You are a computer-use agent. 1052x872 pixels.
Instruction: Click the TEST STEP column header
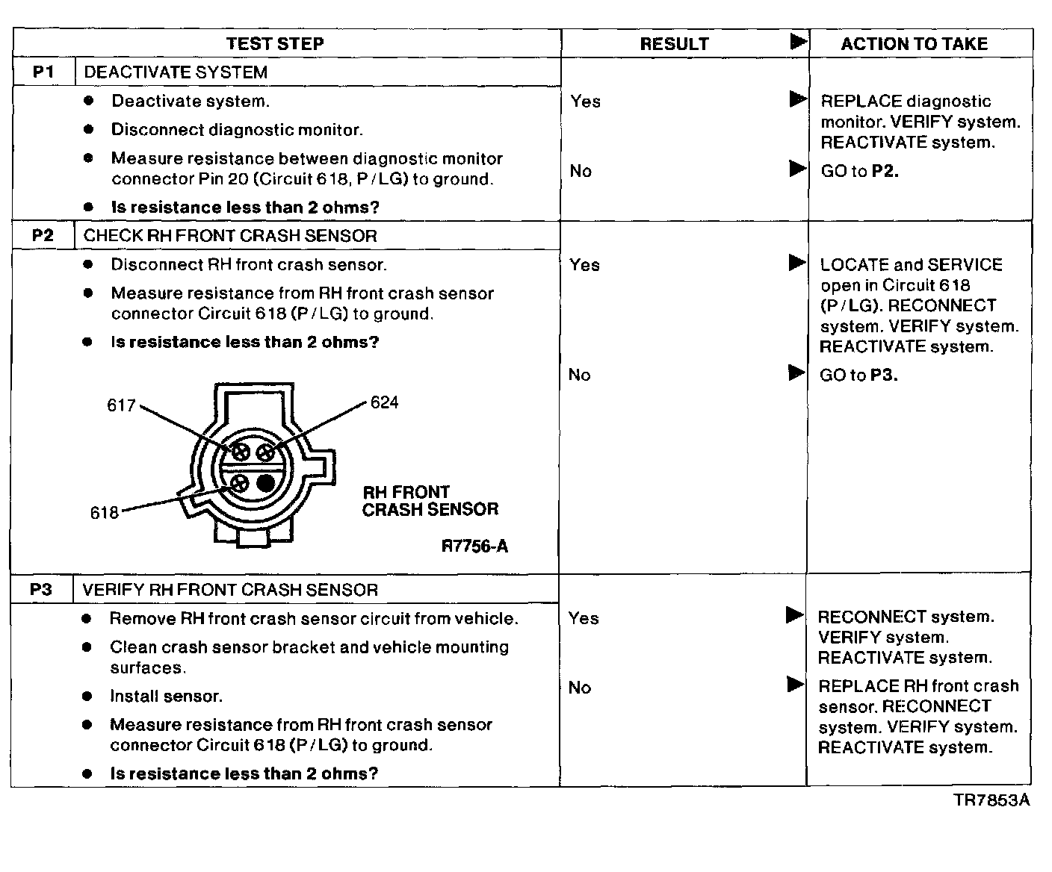[x=275, y=43]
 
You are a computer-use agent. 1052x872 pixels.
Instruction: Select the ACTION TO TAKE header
[x=914, y=44]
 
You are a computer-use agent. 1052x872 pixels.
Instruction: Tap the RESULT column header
[x=674, y=44]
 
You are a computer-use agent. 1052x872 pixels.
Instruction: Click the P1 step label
[x=43, y=72]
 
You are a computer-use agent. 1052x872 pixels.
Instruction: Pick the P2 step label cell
[x=43, y=236]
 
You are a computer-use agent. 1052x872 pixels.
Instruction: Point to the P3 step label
[x=41, y=590]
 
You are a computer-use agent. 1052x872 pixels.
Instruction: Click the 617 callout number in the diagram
[x=121, y=405]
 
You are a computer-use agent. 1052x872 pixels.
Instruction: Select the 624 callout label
[x=384, y=402]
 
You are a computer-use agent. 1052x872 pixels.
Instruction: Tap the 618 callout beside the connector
[x=105, y=513]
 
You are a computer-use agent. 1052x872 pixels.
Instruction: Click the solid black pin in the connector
[x=265, y=483]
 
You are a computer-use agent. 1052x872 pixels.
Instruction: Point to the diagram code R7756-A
[x=474, y=546]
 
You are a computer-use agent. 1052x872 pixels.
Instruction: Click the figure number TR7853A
[x=991, y=800]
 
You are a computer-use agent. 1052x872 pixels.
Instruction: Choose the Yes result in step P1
[x=585, y=102]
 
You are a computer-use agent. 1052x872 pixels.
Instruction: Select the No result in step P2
[x=579, y=375]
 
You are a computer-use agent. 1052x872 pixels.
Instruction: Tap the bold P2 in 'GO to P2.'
[x=885, y=171]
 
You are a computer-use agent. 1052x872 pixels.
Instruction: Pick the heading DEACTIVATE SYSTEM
[x=176, y=72]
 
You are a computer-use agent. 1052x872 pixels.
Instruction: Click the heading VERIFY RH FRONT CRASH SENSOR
[x=230, y=590]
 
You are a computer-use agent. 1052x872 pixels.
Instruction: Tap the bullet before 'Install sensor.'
[x=87, y=697]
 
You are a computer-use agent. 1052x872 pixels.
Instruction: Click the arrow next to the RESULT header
[x=798, y=42]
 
